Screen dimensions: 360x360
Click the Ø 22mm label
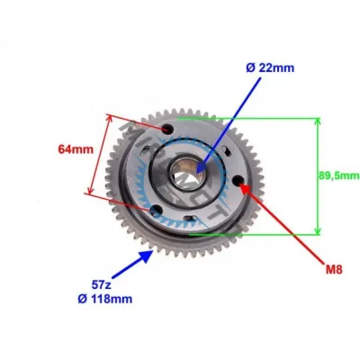point(270,68)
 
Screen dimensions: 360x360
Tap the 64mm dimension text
point(76,149)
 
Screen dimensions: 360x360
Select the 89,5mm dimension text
point(339,175)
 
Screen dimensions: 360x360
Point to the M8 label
point(334,270)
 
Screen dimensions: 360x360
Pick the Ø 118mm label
point(104,299)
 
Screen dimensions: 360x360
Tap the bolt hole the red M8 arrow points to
point(239,180)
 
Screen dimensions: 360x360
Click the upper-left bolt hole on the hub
point(167,130)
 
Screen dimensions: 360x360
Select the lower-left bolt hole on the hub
point(156,210)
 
